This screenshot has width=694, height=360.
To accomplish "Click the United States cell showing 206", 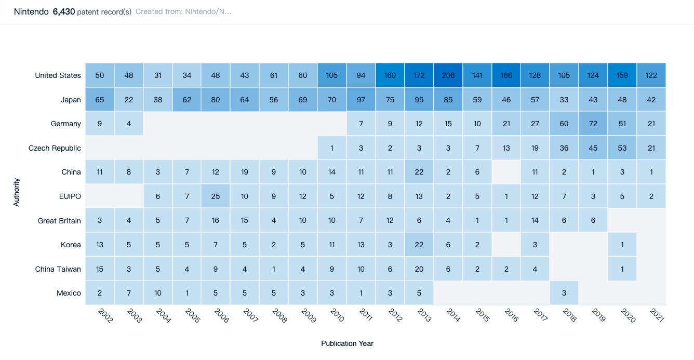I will tap(448, 75).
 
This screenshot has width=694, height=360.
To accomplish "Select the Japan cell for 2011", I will tap(361, 100).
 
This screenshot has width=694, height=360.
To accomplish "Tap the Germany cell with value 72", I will tap(593, 124).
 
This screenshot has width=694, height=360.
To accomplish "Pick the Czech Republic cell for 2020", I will tap(622, 148).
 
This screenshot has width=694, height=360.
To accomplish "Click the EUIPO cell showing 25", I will tap(216, 196).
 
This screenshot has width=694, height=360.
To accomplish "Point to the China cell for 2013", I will tap(419, 172).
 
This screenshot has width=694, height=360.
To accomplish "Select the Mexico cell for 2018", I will tap(564, 293).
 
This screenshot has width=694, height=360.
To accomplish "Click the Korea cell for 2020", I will tap(622, 245).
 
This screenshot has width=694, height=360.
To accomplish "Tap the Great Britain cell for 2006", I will tap(216, 221).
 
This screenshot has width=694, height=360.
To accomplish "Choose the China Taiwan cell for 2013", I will tap(419, 269).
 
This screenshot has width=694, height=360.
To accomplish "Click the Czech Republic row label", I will tap(55, 148).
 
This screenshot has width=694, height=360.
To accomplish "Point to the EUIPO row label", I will tap(71, 196).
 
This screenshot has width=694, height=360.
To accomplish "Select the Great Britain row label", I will tap(59, 221).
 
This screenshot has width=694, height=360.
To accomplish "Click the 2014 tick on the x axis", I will tap(453, 315).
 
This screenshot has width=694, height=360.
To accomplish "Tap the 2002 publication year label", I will tap(105, 315).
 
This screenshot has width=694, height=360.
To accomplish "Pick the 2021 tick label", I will tap(657, 315).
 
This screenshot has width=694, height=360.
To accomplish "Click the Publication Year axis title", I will tap(347, 343).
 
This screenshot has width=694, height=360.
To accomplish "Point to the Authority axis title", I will tap(17, 193).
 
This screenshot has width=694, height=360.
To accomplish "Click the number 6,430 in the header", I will tap(64, 11).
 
